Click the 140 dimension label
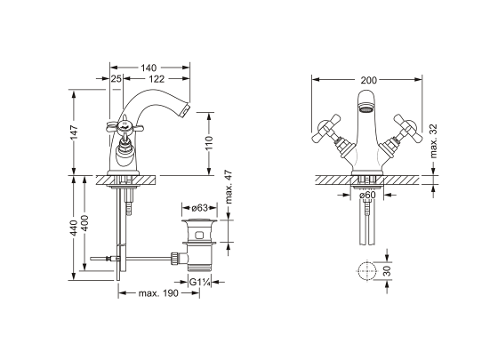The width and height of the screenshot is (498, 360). (x=149, y=68)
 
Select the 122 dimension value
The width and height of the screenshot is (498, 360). (x=157, y=79)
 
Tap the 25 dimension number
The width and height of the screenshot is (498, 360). (x=116, y=79)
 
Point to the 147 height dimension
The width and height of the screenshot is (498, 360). (x=74, y=132)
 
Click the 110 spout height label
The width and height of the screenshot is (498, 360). (x=209, y=144)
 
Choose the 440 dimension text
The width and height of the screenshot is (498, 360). (x=74, y=228)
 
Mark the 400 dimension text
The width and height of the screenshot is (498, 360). (x=84, y=223)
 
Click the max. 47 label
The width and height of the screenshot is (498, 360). (x=229, y=188)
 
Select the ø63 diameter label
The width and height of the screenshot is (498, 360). (x=200, y=208)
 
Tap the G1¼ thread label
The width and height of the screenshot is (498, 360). (x=200, y=282)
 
